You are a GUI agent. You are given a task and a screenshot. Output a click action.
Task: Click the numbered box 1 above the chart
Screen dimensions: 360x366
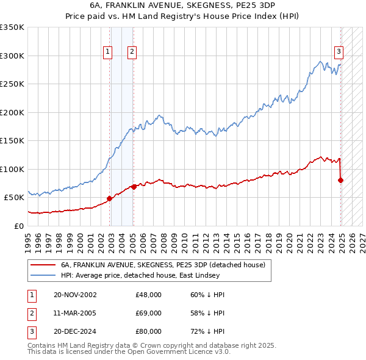(x=107, y=52)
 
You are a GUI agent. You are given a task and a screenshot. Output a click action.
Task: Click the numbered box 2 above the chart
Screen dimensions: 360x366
(x=131, y=52)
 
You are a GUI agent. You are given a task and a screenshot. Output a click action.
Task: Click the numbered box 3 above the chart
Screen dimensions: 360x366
(x=339, y=52)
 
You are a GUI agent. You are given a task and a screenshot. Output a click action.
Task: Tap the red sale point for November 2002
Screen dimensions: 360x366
(x=110, y=198)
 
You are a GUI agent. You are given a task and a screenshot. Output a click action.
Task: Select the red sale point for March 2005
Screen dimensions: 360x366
(x=134, y=187)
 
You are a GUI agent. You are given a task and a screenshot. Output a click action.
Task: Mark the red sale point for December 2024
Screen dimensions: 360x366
(x=340, y=180)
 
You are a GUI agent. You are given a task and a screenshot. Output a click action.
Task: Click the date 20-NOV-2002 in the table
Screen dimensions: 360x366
(x=74, y=295)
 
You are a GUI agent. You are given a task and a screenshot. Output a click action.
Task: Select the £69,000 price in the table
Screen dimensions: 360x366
(x=149, y=313)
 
